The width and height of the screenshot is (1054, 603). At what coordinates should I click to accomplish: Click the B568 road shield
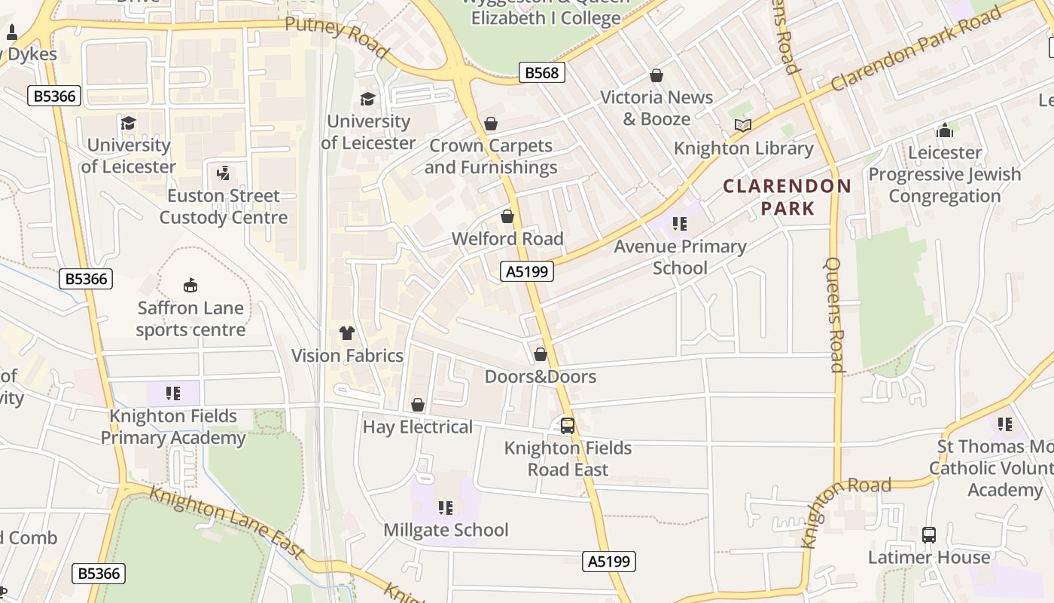pyautogui.click(x=541, y=72)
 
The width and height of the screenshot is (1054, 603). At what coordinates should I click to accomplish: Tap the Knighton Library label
pyautogui.click(x=743, y=148)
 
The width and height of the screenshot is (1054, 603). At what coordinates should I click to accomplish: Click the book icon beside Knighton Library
pyautogui.click(x=743, y=126)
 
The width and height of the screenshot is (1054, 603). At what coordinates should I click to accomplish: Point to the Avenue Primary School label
pyautogui.click(x=680, y=257)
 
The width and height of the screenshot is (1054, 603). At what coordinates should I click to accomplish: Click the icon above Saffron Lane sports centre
pyautogui.click(x=190, y=286)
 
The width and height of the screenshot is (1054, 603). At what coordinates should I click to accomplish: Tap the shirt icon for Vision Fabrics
pyautogui.click(x=346, y=333)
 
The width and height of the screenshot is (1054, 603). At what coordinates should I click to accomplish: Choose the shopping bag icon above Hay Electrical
pyautogui.click(x=418, y=406)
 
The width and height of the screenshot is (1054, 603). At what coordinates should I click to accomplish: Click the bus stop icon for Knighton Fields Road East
pyautogui.click(x=568, y=426)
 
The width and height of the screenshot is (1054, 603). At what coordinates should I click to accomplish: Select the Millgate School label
pyautogui.click(x=446, y=530)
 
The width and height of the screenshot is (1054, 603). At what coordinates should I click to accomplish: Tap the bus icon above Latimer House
pyautogui.click(x=929, y=535)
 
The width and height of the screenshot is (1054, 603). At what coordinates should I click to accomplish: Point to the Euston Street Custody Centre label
pyautogui.click(x=224, y=207)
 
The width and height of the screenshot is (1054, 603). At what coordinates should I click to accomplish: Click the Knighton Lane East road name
pyautogui.click(x=226, y=523)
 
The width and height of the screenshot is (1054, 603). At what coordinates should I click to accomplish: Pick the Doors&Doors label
pyautogui.click(x=540, y=376)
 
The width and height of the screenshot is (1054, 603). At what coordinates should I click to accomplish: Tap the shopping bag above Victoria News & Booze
pyautogui.click(x=656, y=75)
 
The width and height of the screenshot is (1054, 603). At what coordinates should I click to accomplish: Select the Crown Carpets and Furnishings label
pyautogui.click(x=491, y=156)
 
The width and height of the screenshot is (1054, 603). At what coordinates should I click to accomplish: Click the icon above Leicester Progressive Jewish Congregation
pyautogui.click(x=945, y=130)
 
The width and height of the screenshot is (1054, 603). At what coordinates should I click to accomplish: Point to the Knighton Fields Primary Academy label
pyautogui.click(x=173, y=427)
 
